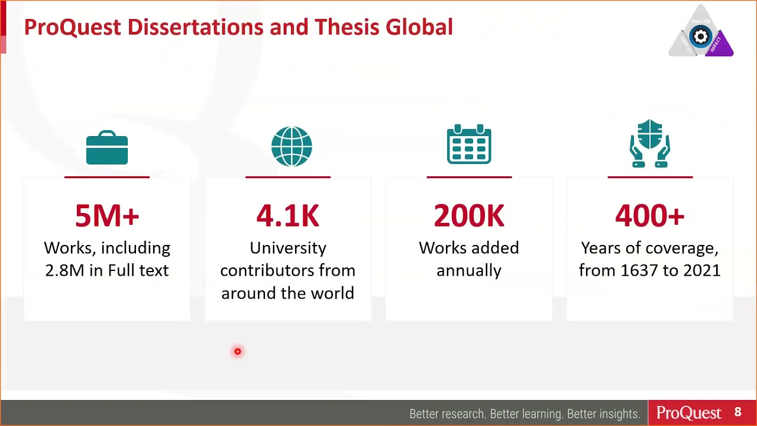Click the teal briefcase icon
pyautogui.click(x=107, y=147)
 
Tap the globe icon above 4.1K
pyautogui.click(x=292, y=147)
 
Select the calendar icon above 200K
pyautogui.click(x=469, y=144)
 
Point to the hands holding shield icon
pyautogui.click(x=649, y=144)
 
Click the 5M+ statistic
pyautogui.click(x=107, y=216)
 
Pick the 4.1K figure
pyautogui.click(x=288, y=216)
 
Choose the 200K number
pyautogui.click(x=469, y=216)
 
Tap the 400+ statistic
pyautogui.click(x=649, y=216)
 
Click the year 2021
pyautogui.click(x=701, y=270)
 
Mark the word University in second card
pyautogui.click(x=288, y=248)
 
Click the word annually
pyautogui.click(x=469, y=270)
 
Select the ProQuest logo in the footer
pyautogui.click(x=689, y=413)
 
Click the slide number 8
pyautogui.click(x=737, y=412)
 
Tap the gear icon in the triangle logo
pyautogui.click(x=701, y=37)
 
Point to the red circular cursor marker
pyautogui.click(x=238, y=352)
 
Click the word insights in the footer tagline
pyautogui.click(x=615, y=414)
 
